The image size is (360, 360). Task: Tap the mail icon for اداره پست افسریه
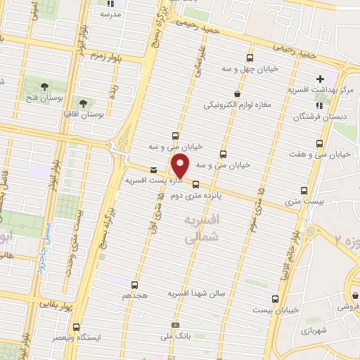pos(154,169)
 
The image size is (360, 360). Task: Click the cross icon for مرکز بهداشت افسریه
pos(321,79)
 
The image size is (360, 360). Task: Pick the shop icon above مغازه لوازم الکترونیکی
pos(238,94)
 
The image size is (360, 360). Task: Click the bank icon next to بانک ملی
pos(176,324)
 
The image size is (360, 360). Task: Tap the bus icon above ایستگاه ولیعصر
pos(77,326)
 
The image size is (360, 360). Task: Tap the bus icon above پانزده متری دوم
pos(195,186)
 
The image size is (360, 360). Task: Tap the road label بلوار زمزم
pos(105,56)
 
